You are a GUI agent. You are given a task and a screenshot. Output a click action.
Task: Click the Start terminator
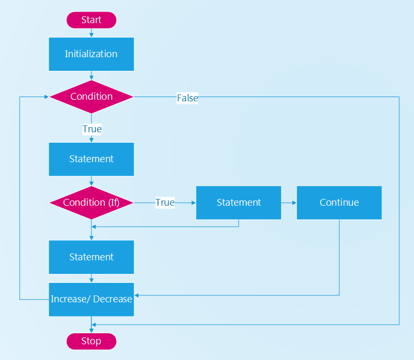[91, 20]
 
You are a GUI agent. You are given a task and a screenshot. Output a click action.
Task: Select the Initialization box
[91, 54]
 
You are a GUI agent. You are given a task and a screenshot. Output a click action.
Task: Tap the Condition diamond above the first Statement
[91, 97]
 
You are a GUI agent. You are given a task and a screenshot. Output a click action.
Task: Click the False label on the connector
[187, 98]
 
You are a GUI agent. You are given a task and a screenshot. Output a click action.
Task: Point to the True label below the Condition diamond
[92, 129]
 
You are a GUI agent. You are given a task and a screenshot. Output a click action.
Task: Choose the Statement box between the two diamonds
[91, 159]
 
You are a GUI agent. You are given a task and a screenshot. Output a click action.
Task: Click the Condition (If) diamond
[91, 203]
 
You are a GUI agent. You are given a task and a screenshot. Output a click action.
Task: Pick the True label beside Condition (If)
[165, 203]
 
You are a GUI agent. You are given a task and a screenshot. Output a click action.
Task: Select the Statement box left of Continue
[239, 203]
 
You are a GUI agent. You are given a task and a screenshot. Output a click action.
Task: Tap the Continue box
[339, 203]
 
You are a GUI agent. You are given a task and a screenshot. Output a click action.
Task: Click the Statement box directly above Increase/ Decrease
[91, 257]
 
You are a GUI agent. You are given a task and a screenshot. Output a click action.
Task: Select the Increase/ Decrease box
[91, 300]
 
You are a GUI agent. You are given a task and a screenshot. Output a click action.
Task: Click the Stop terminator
[91, 341]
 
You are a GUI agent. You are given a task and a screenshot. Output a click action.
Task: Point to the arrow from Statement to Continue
[289, 203]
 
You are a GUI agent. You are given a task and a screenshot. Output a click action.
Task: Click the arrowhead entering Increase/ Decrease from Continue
[136, 295]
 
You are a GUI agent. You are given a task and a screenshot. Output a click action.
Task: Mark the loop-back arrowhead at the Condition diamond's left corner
[47, 97]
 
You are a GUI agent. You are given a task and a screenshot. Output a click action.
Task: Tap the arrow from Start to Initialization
[91, 33]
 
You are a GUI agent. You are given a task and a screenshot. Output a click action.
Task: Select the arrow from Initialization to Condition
[91, 76]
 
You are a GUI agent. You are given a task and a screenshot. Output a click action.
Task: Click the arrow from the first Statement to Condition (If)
[91, 181]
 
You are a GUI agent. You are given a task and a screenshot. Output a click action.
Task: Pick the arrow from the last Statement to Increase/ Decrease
[91, 278]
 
